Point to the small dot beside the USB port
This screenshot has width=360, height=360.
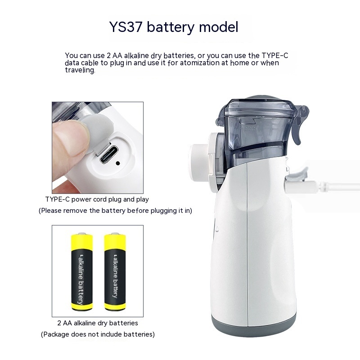click(x=118, y=163)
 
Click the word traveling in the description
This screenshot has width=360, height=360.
click(x=80, y=70)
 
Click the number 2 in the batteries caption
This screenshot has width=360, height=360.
click(x=59, y=323)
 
